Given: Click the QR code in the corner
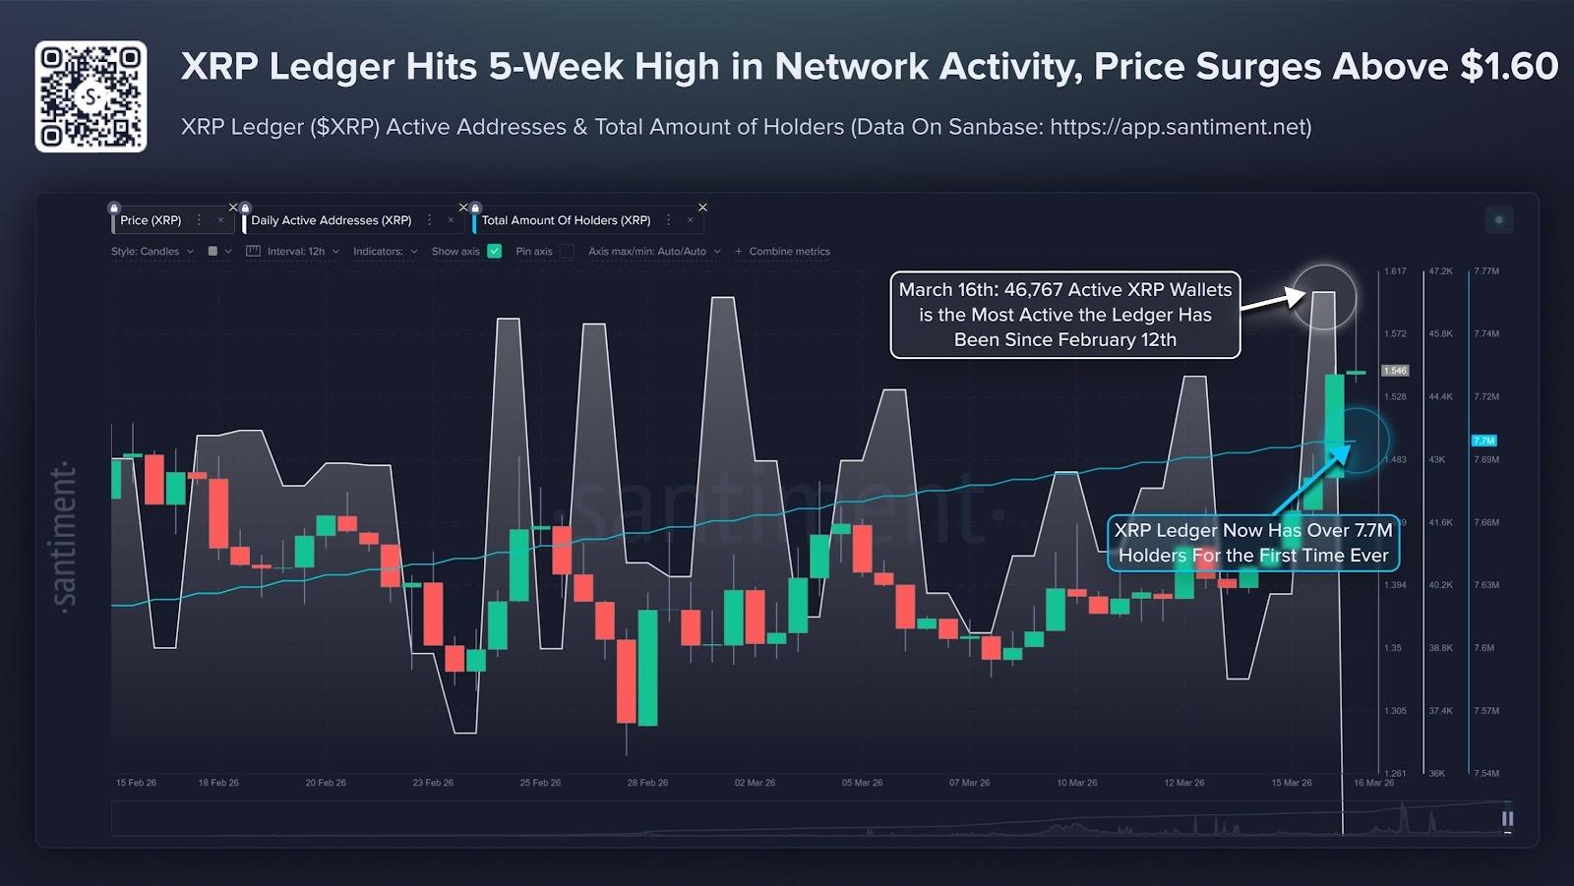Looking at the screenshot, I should [91, 96].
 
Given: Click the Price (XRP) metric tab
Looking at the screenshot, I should [151, 220].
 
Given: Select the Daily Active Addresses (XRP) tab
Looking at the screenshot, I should [331, 220].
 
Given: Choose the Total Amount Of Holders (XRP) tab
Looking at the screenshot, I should [566, 220].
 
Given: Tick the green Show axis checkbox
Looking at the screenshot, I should [495, 251].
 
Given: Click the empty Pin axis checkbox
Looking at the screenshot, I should [567, 251].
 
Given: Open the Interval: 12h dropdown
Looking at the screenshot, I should [294, 251].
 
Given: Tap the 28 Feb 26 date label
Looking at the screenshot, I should [647, 783].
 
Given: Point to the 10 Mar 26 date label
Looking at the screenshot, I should [1076, 783].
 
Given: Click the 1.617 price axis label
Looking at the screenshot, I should [1395, 270].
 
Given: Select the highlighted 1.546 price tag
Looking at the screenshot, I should [1395, 371].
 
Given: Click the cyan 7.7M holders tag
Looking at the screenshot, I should [1483, 441].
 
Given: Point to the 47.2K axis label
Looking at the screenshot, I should [1440, 270].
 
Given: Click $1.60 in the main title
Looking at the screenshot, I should [1509, 67].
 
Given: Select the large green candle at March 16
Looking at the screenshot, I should [1335, 425].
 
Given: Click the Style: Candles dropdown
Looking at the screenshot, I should [152, 251].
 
